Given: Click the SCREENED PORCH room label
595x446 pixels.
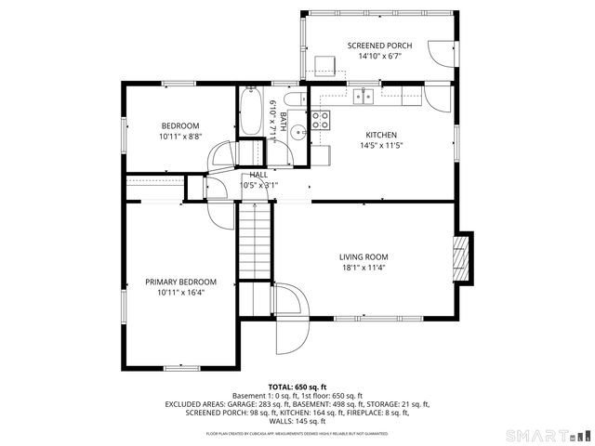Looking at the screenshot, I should [378, 45].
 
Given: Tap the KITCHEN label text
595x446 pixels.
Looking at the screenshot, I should [381, 134].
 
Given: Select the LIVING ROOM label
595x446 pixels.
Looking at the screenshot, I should [363, 256].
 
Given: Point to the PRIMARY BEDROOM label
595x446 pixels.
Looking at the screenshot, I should [180, 282].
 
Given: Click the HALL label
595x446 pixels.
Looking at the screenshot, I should [258, 175].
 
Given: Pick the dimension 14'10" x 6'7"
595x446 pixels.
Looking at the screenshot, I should [378, 56].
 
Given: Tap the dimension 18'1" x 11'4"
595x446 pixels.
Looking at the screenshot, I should [363, 268].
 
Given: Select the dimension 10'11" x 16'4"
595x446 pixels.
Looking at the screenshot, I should [180, 293].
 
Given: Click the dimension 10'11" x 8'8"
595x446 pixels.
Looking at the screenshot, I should [179, 137].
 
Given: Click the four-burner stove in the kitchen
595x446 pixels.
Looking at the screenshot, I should [321, 119].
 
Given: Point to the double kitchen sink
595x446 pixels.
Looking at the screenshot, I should [363, 95].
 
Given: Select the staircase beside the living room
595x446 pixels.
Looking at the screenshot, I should [254, 243].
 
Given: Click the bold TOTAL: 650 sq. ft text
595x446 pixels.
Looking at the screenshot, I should [297, 386].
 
